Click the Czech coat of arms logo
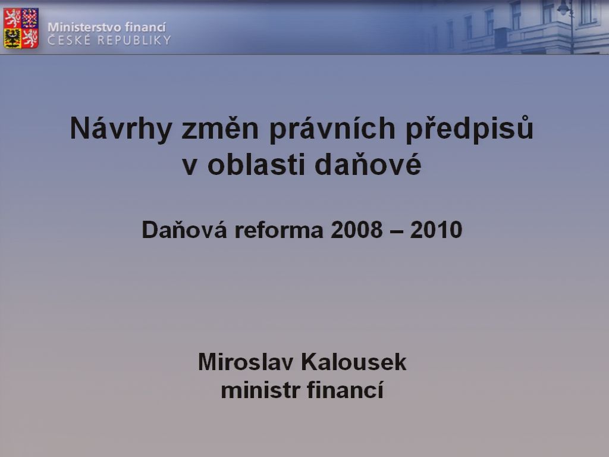21,28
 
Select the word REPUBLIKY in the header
134,40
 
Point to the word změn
220,129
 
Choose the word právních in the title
332,129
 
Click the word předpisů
470,129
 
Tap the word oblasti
256,164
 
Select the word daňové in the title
368,164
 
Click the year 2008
357,229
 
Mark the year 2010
436,229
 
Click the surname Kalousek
354,362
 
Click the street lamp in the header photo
566,24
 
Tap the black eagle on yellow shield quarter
12,38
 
